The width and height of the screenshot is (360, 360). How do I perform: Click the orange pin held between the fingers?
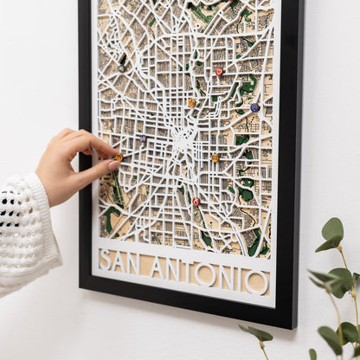tap(118, 157)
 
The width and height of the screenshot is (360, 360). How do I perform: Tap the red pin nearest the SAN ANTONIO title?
tap(196, 202)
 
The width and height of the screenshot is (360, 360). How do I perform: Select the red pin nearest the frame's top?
tap(219, 71)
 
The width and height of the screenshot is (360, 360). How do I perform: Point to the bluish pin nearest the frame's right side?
tap(254, 107)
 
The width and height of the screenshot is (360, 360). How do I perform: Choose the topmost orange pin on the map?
tap(191, 102)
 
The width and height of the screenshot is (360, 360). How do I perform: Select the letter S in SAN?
tap(106, 259)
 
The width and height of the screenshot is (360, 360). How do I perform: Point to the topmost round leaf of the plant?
tap(333, 229)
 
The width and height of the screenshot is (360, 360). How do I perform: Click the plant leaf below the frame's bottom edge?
tap(257, 333)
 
